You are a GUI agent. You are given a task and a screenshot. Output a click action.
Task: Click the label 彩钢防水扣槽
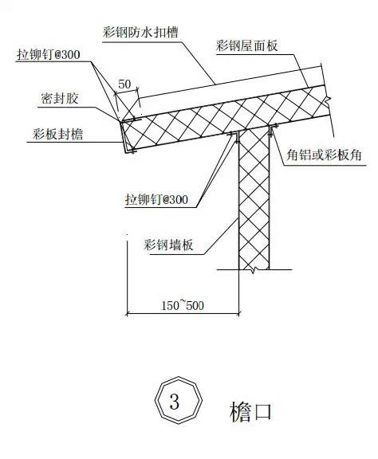140,32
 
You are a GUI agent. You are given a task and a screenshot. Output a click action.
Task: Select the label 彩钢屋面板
246,45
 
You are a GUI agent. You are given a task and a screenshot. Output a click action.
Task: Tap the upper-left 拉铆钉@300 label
49,55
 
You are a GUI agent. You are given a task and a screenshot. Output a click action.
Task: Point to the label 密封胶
60,98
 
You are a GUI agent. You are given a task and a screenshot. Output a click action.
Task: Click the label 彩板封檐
58,135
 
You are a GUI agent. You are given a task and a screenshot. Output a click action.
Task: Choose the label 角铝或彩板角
324,155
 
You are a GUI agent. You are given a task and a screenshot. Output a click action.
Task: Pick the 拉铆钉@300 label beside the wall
157,200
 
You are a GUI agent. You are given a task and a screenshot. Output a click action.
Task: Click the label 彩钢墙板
168,245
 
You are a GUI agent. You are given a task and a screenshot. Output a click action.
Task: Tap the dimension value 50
124,84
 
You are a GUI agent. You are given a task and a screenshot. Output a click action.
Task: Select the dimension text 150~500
183,306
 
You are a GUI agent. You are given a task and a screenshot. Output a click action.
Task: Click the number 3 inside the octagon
175,402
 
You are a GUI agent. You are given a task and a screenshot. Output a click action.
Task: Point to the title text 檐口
250,412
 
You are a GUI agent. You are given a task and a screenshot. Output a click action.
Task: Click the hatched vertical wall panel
254,199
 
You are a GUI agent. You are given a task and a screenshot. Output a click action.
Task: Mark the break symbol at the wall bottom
254,269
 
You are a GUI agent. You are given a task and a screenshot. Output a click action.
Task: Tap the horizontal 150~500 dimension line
183,314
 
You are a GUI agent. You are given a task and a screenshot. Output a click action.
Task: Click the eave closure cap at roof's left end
124,137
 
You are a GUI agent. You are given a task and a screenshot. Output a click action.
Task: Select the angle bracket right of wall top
273,130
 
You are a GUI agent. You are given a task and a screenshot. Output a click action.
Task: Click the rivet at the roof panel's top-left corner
131,120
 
